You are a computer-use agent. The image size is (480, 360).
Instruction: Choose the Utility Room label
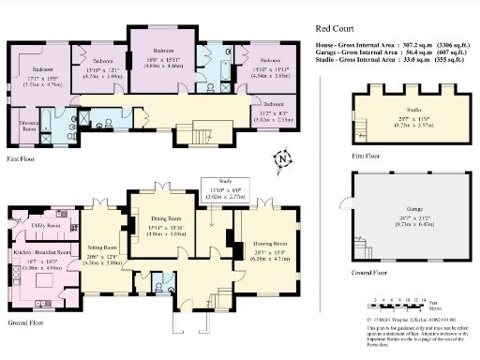[45, 226]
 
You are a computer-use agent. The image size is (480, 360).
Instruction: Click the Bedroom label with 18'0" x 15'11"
[165, 50]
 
